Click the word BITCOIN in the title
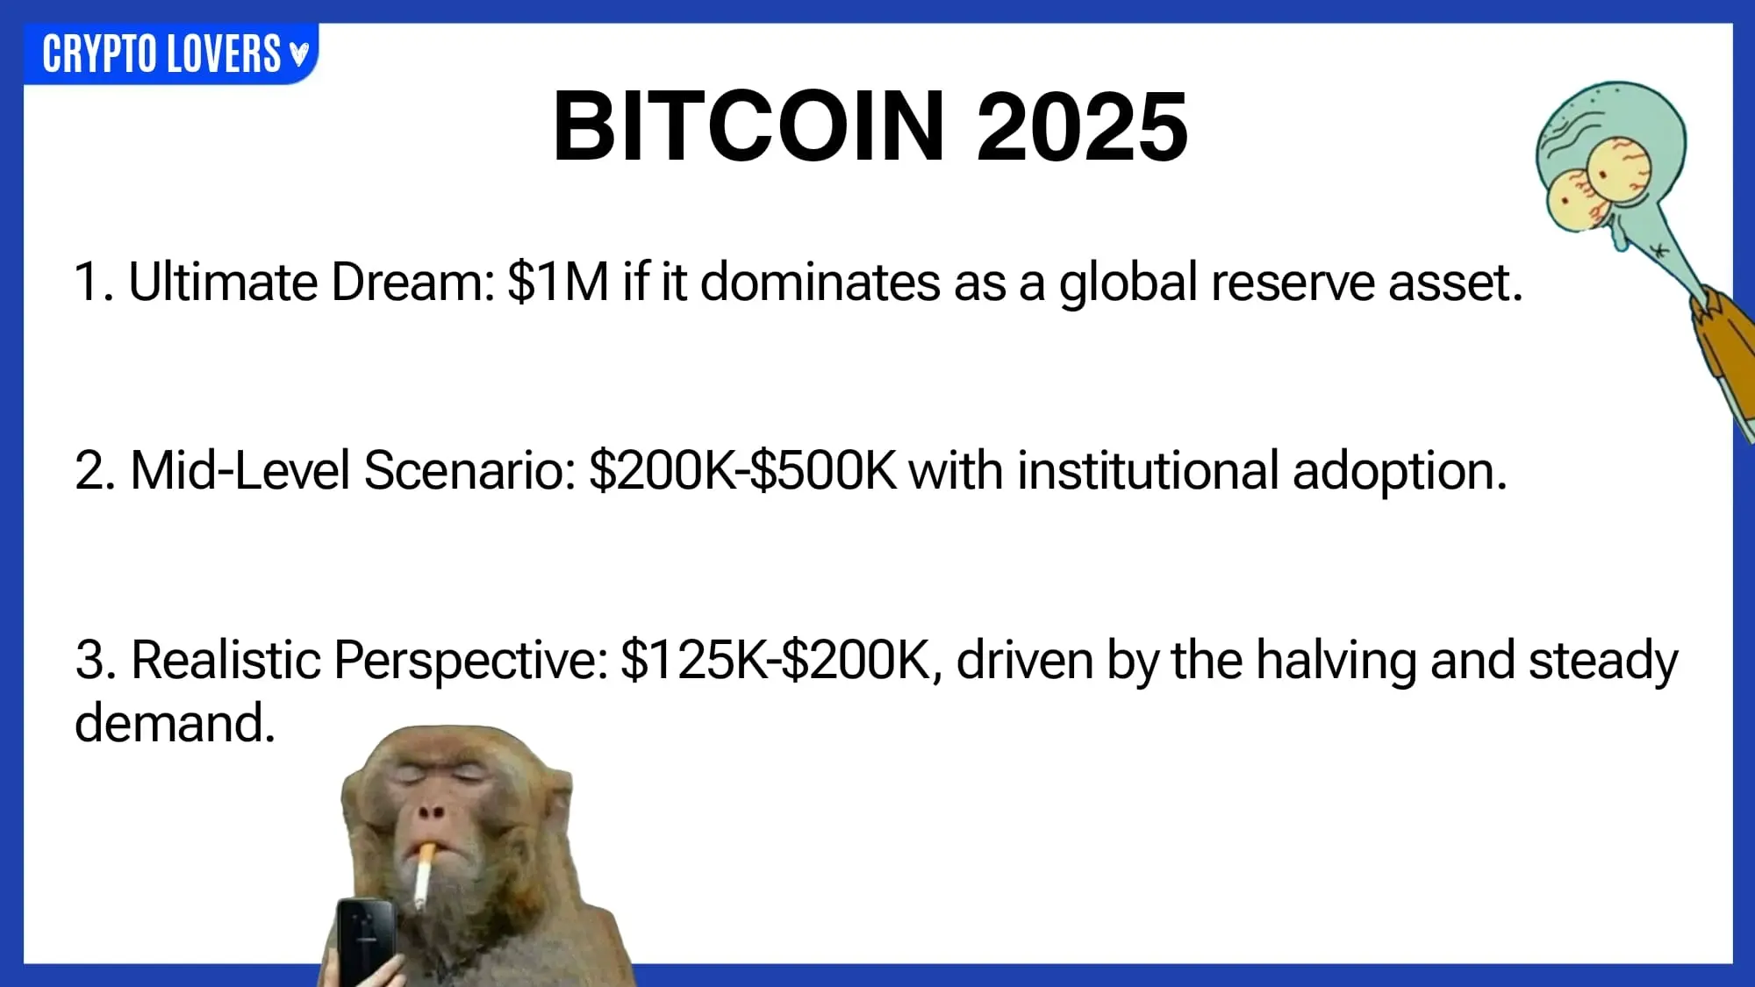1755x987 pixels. coord(749,126)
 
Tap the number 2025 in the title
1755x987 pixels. coord(1082,126)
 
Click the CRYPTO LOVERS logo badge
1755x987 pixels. coord(171,54)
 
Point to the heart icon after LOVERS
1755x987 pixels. coord(299,54)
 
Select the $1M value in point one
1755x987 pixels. coord(558,283)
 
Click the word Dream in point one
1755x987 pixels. coord(414,283)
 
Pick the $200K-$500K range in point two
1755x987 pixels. coord(743,471)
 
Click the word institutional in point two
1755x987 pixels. coord(1148,471)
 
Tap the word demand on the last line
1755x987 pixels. coord(175,724)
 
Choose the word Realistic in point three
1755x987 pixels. coord(226,661)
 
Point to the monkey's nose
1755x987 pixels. coord(431,812)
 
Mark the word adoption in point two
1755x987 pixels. coord(1400,471)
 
